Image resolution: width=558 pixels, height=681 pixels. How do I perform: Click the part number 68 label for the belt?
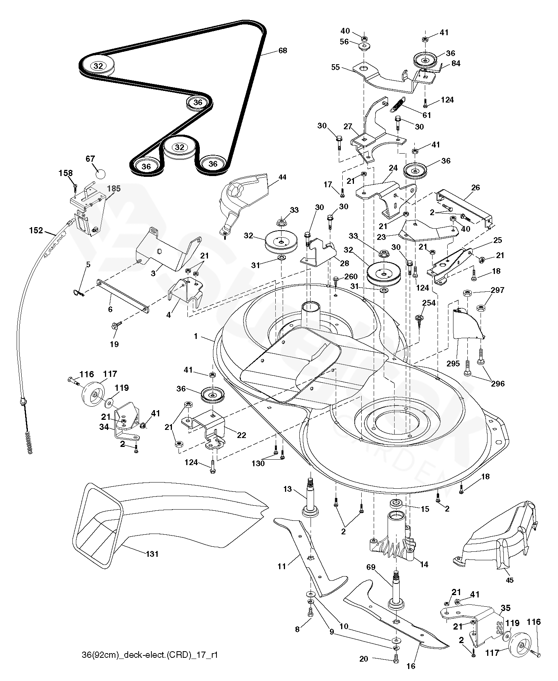click(x=283, y=50)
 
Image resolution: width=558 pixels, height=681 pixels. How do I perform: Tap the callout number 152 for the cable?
click(x=36, y=231)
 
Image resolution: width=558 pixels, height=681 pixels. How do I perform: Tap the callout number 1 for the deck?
click(x=196, y=337)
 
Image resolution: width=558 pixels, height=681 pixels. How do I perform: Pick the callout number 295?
click(x=453, y=363)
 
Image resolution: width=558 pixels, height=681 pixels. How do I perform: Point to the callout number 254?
click(x=429, y=303)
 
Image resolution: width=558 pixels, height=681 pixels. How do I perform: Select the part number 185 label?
click(x=114, y=189)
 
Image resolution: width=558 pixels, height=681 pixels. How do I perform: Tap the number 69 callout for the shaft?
click(x=371, y=567)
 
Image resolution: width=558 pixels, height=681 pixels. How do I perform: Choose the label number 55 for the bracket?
click(x=335, y=67)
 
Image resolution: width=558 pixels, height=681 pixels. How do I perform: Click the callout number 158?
click(x=65, y=173)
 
